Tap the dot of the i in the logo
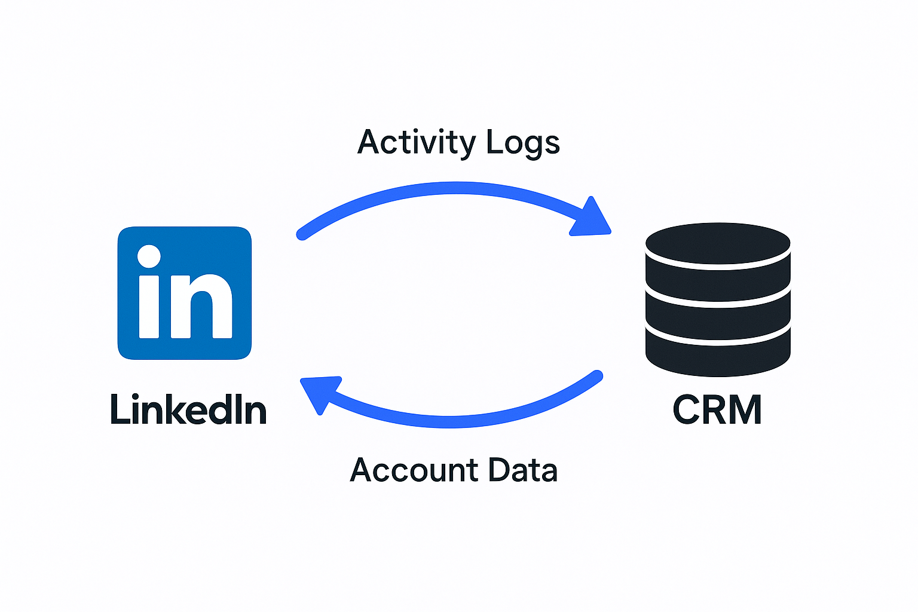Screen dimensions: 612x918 (x=149, y=256)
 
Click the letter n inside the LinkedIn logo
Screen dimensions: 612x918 (x=201, y=306)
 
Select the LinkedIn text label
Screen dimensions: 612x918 (x=188, y=410)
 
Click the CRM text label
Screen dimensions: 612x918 (x=717, y=410)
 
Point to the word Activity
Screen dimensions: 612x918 (x=417, y=143)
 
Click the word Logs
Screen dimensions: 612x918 (x=523, y=143)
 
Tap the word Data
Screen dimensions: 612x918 (x=523, y=470)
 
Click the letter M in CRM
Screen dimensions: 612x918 (x=745, y=410)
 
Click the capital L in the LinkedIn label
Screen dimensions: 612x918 (x=120, y=410)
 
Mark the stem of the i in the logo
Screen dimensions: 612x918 (x=149, y=306)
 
